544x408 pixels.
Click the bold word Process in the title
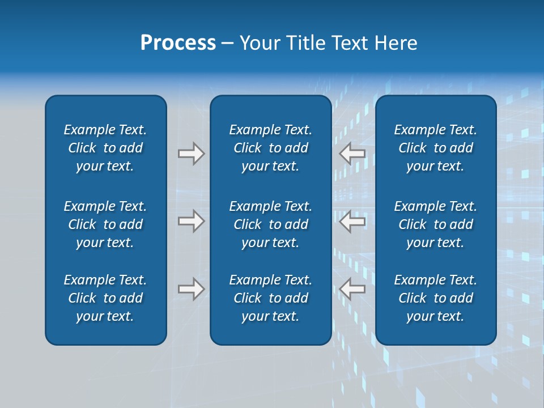(178, 43)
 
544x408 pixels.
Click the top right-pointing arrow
(192, 154)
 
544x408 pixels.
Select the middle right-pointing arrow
(192, 221)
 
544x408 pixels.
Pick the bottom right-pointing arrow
(192, 289)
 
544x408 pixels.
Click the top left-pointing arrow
(352, 154)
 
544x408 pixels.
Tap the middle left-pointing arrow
(352, 221)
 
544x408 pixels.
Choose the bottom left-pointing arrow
(352, 289)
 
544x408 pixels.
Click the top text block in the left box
(105, 148)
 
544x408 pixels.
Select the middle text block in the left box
(105, 224)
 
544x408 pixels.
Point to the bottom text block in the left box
(105, 298)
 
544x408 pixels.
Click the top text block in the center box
(271, 148)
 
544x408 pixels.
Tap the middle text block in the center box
(271, 224)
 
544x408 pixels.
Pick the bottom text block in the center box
(271, 298)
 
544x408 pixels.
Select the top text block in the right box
(436, 148)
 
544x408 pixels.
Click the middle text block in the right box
(436, 224)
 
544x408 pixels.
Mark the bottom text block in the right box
(436, 298)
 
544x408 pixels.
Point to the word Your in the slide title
(260, 43)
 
